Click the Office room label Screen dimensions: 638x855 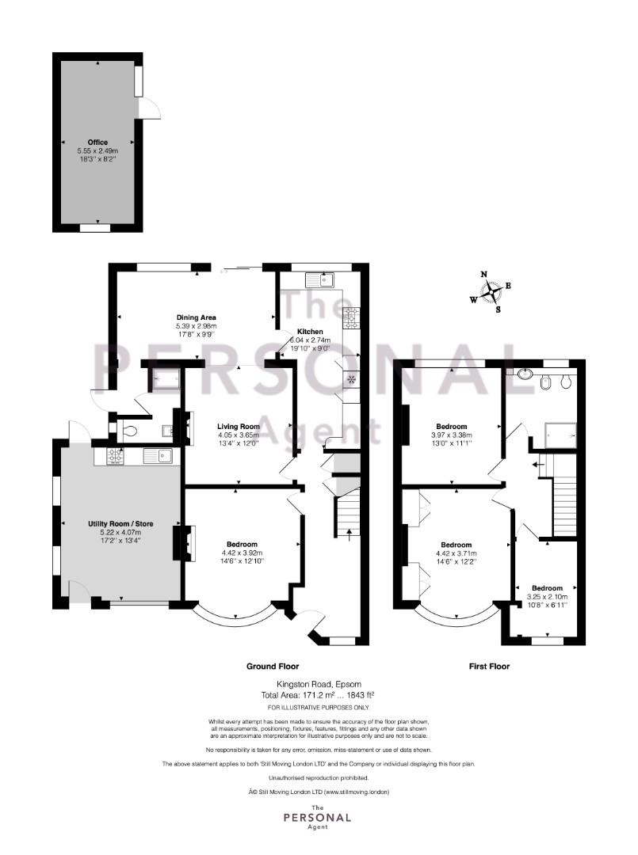point(97,142)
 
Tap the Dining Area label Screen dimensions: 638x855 point(196,317)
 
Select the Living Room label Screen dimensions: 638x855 point(239,427)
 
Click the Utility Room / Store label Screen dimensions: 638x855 point(120,524)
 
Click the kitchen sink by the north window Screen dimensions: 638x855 point(321,280)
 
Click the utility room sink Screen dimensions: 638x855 point(159,456)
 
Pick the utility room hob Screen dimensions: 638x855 point(115,457)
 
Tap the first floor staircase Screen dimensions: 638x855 point(565,494)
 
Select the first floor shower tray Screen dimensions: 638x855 point(560,435)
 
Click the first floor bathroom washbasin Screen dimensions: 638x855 point(525,374)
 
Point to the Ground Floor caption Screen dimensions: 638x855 point(273,667)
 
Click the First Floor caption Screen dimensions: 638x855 point(489,667)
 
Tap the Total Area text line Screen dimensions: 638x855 point(318,695)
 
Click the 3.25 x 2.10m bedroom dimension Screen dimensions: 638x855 point(547,597)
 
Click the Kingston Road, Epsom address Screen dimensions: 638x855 point(319,684)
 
